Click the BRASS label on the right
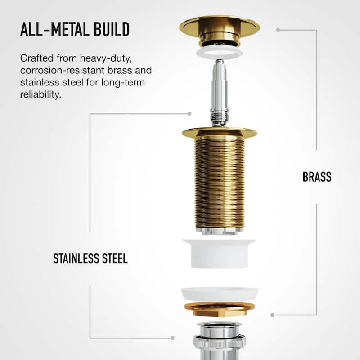click(317, 177)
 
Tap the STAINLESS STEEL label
click(90, 258)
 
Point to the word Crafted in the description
click(37, 58)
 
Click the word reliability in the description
click(40, 94)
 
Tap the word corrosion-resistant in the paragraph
click(62, 70)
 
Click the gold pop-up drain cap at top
click(220, 30)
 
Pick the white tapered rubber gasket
click(219, 254)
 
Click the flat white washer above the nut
click(220, 294)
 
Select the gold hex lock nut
click(220, 310)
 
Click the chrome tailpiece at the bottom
click(220, 341)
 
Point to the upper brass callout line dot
click(278, 30)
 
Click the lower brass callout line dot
click(272, 315)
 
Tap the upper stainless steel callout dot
click(189, 114)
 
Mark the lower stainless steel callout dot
click(173, 338)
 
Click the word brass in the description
click(120, 70)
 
